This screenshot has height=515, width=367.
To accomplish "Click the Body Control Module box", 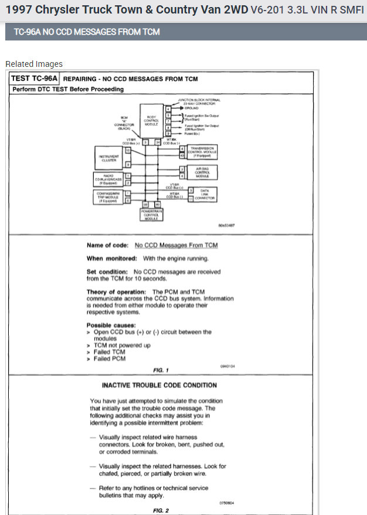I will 151,120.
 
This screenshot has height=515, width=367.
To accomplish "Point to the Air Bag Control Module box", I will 202,172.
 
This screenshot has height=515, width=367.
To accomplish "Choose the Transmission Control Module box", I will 202,151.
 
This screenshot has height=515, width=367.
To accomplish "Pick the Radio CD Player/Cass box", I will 109,178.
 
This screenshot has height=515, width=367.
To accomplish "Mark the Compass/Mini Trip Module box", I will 109,196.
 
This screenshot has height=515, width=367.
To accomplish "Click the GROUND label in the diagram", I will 192,109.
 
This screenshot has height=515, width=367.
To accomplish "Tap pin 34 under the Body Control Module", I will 157,142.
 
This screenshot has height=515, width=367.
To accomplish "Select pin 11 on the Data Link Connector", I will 191,199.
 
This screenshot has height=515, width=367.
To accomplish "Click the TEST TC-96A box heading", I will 35,78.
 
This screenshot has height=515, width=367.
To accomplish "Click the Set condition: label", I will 108,272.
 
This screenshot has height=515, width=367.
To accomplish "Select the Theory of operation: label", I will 116,292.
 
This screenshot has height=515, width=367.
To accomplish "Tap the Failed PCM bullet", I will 109,358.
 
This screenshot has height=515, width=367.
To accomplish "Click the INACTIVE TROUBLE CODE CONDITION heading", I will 159,385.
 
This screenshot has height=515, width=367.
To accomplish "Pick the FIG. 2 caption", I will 161,510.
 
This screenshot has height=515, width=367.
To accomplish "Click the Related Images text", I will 34,64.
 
